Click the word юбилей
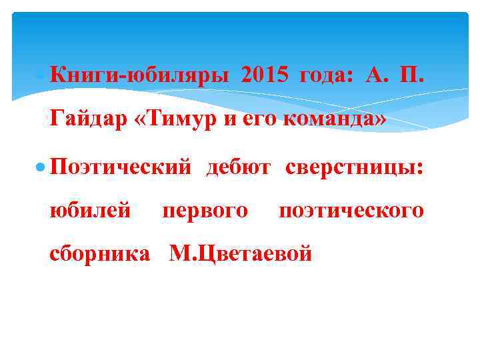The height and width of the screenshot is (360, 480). point(90,211)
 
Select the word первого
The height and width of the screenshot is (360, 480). point(205,211)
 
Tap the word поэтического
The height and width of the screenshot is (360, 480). point(351,211)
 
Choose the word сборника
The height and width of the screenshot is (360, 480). point(100,254)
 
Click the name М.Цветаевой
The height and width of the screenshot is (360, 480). point(241,254)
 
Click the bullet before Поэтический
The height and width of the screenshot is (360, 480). point(41,166)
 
